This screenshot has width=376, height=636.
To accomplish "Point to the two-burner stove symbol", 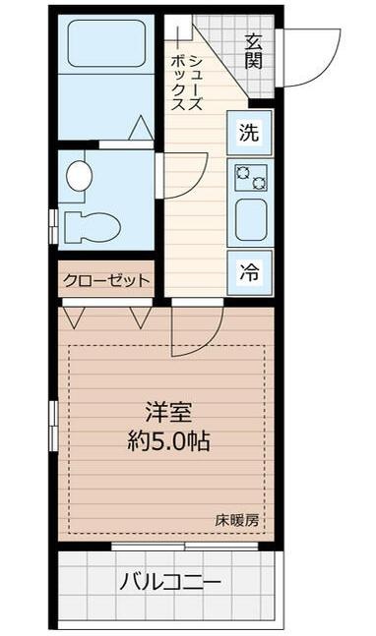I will [250, 177].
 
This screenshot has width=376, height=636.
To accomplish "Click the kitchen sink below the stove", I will [250, 221].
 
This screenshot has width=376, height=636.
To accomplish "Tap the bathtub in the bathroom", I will [105, 44].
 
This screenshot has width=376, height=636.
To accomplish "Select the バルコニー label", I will [170, 583].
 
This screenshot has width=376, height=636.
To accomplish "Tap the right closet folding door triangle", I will [139, 318].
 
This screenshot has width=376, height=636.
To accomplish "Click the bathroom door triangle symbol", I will [139, 128].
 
